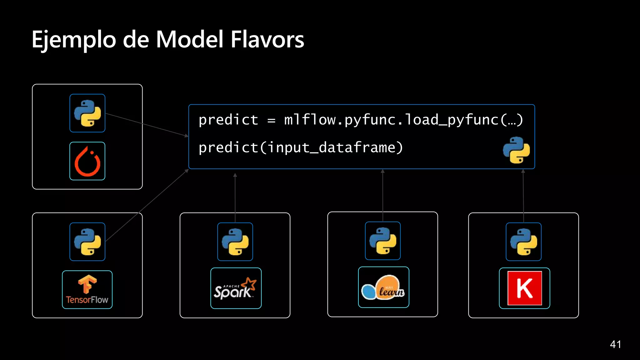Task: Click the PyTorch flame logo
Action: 87,161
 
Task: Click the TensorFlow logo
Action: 87,290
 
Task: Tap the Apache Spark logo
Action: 236,288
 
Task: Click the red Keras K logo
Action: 524,288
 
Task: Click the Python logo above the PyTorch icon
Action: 87,113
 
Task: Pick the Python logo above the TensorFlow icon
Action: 87,242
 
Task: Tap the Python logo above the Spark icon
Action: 235,242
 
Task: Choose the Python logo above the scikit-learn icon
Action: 382,241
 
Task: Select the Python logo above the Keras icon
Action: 523,242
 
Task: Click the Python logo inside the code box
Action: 516,150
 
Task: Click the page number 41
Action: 615,344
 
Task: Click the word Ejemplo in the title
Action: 74,40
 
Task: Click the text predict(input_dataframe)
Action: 301,147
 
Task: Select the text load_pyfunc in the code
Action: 452,120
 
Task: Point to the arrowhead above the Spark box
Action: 235,175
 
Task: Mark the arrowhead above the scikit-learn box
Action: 382,171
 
